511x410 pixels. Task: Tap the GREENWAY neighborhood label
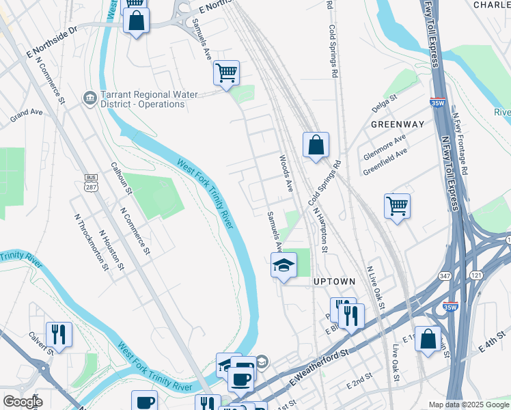point(398,124)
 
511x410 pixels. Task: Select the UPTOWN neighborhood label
point(334,282)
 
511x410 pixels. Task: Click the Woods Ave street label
point(286,173)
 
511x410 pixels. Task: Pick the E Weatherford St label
point(318,370)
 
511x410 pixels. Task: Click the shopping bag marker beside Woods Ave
point(316,145)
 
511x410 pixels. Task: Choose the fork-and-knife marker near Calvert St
point(59,334)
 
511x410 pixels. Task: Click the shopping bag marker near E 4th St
point(428,339)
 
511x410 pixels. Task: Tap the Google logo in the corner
point(23,402)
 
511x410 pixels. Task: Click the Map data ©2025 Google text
point(468,405)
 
